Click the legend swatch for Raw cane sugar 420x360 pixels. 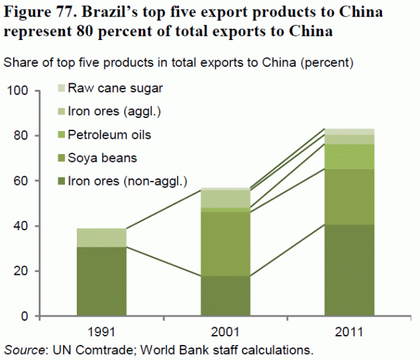(62, 87)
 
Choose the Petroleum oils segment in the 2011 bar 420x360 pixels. (350, 156)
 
